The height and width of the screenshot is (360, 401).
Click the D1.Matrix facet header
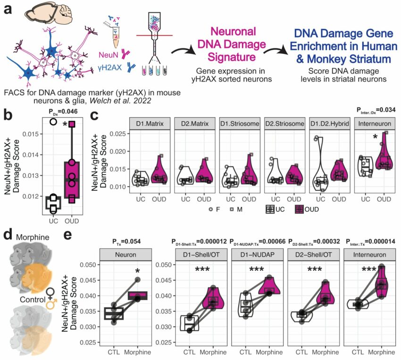(x=150, y=123)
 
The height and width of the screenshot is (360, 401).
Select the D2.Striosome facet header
(x=284, y=123)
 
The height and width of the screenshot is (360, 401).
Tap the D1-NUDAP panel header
(x=257, y=255)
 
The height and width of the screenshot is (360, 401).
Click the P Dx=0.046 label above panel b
(x=63, y=111)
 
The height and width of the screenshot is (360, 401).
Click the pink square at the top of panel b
(x=72, y=124)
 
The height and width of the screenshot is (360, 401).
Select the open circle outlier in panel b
(x=53, y=122)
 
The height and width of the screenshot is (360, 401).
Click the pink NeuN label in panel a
(x=109, y=55)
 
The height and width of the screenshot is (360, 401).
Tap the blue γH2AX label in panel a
(x=110, y=68)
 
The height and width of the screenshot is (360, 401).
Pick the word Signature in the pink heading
(x=232, y=57)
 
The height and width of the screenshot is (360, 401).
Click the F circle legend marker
(x=211, y=210)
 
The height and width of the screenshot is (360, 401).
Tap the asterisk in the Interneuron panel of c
(x=375, y=137)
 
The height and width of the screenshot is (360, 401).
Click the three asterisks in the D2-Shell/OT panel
(x=315, y=270)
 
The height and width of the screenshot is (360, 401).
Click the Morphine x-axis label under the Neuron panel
(x=138, y=352)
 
